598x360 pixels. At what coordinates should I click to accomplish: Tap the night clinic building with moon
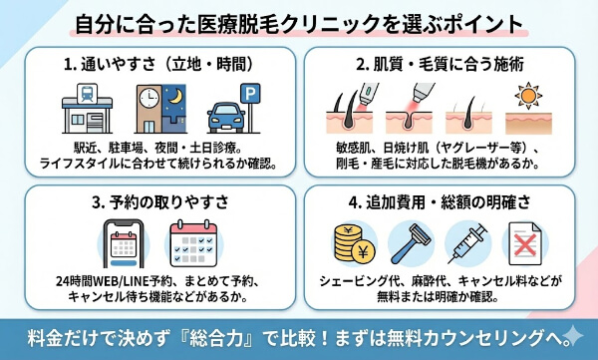160,105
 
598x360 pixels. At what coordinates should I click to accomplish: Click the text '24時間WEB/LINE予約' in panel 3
118,280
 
